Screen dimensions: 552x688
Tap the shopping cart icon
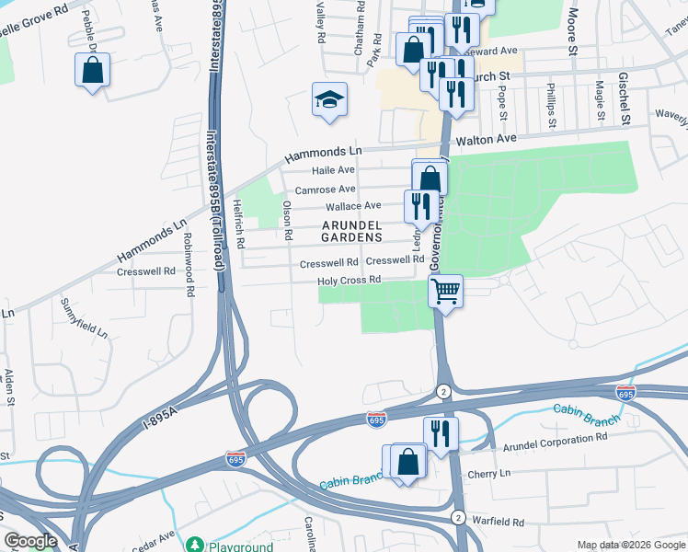point(445,293)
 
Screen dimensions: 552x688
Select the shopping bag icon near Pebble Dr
point(92,70)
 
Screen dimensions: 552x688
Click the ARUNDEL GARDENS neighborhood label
point(351,230)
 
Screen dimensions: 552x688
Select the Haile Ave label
point(333,170)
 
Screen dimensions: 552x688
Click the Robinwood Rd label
point(189,276)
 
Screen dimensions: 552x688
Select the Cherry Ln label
point(488,473)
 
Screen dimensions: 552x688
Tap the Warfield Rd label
point(498,521)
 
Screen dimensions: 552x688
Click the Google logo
point(30,541)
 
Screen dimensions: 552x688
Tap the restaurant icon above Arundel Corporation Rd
point(441,432)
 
